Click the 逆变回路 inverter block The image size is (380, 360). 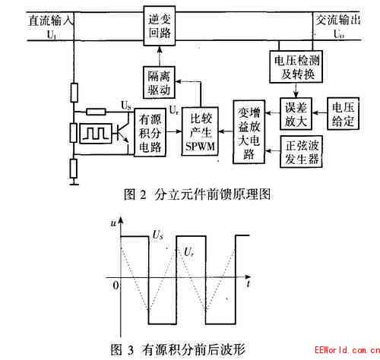click(x=160, y=26)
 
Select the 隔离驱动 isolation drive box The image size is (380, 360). click(x=159, y=83)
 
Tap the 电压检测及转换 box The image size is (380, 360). click(x=296, y=67)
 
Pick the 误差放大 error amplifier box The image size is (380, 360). click(x=296, y=114)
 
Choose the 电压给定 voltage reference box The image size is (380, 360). click(x=343, y=114)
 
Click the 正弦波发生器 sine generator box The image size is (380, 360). click(x=301, y=152)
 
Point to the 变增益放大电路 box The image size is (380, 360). click(x=249, y=132)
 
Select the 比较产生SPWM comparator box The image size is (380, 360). click(x=200, y=131)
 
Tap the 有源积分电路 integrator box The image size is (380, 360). click(x=150, y=132)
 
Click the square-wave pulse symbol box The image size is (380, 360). click(x=96, y=134)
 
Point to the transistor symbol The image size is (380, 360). click(x=124, y=132)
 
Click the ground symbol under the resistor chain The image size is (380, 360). click(x=74, y=182)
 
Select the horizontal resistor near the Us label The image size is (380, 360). click(x=96, y=112)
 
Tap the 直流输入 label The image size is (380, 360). click(x=51, y=21)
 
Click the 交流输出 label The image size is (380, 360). click(x=338, y=20)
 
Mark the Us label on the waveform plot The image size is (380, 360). click(x=157, y=235)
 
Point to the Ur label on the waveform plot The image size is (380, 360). click(x=189, y=252)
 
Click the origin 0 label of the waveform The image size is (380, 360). click(x=116, y=286)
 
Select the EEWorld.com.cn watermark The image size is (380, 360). click(x=347, y=350)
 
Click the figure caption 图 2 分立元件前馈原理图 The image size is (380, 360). click(x=197, y=194)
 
